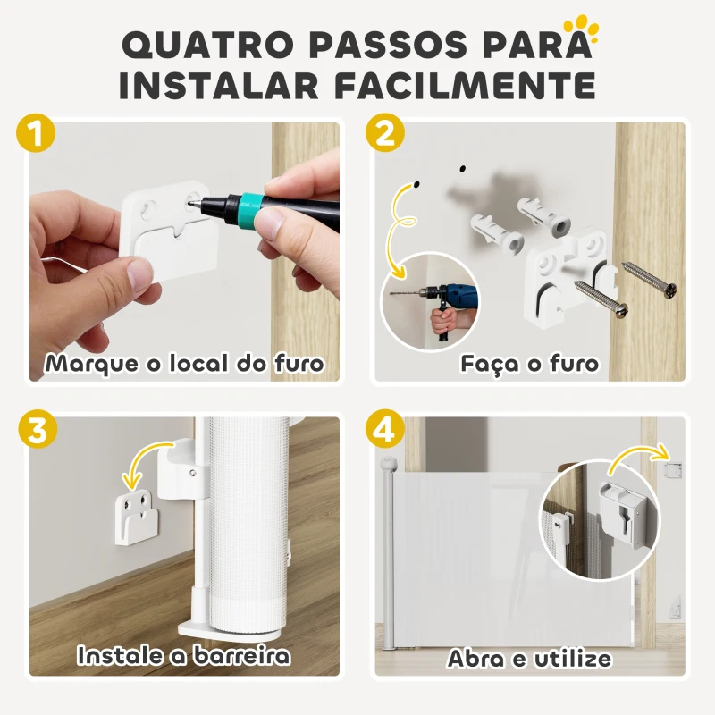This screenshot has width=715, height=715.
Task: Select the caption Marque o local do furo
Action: point(184,364)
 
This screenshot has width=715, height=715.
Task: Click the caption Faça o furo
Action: point(529,364)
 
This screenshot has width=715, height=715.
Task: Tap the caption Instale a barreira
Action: point(184,655)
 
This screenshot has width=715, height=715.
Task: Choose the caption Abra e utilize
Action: point(529,659)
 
